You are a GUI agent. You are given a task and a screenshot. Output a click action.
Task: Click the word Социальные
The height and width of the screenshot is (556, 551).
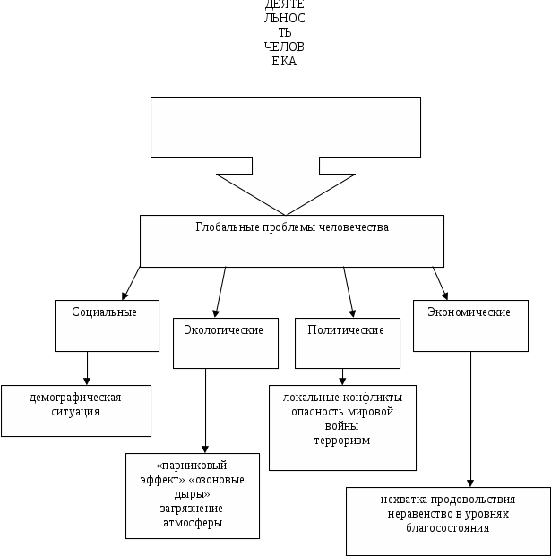click(104, 312)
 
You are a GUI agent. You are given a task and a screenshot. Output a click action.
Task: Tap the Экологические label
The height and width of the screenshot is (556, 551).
click(223, 330)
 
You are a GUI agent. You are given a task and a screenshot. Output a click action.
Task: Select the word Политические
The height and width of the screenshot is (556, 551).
click(346, 330)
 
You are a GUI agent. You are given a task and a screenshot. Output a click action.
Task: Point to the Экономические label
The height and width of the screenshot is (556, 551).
click(469, 312)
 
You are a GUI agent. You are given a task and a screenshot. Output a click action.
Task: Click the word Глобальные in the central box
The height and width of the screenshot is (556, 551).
click(224, 227)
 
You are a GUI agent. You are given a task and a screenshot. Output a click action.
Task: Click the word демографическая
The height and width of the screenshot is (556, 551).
click(74, 397)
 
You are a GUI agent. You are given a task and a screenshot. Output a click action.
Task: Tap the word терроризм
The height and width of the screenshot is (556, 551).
click(342, 441)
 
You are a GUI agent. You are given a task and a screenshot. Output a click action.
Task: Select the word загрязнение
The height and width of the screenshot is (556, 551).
click(190, 508)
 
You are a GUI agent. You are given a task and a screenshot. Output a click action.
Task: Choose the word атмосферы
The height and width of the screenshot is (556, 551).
click(190, 522)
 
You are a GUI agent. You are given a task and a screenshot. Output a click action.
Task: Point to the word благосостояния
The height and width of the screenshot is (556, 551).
click(448, 528)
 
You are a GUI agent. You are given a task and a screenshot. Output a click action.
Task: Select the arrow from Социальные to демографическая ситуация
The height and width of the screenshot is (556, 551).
click(88, 368)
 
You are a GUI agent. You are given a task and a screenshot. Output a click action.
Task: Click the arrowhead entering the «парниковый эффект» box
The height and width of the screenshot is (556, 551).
click(207, 449)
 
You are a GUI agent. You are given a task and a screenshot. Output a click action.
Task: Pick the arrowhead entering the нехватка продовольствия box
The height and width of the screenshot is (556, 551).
click(470, 483)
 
